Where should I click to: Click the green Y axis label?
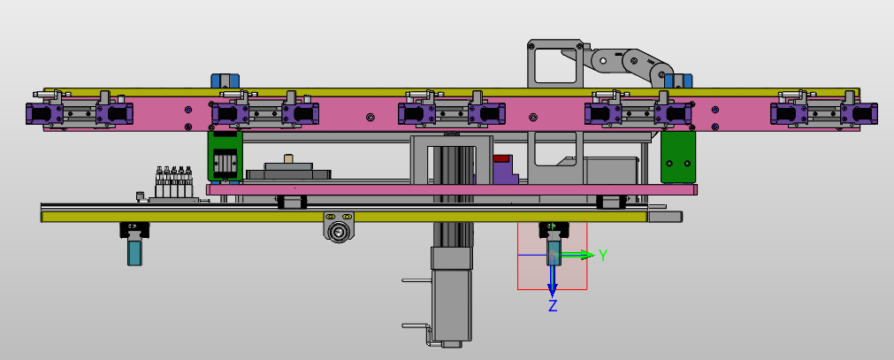(603, 255)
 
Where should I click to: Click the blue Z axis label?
(553, 306)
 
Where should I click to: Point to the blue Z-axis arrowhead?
(552, 289)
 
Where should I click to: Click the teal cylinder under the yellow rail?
(135, 252)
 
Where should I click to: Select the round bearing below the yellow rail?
(339, 232)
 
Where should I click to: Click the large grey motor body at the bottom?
(452, 305)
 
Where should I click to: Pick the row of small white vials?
(174, 181)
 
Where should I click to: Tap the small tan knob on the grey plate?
(288, 157)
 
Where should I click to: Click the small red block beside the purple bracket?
(502, 158)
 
